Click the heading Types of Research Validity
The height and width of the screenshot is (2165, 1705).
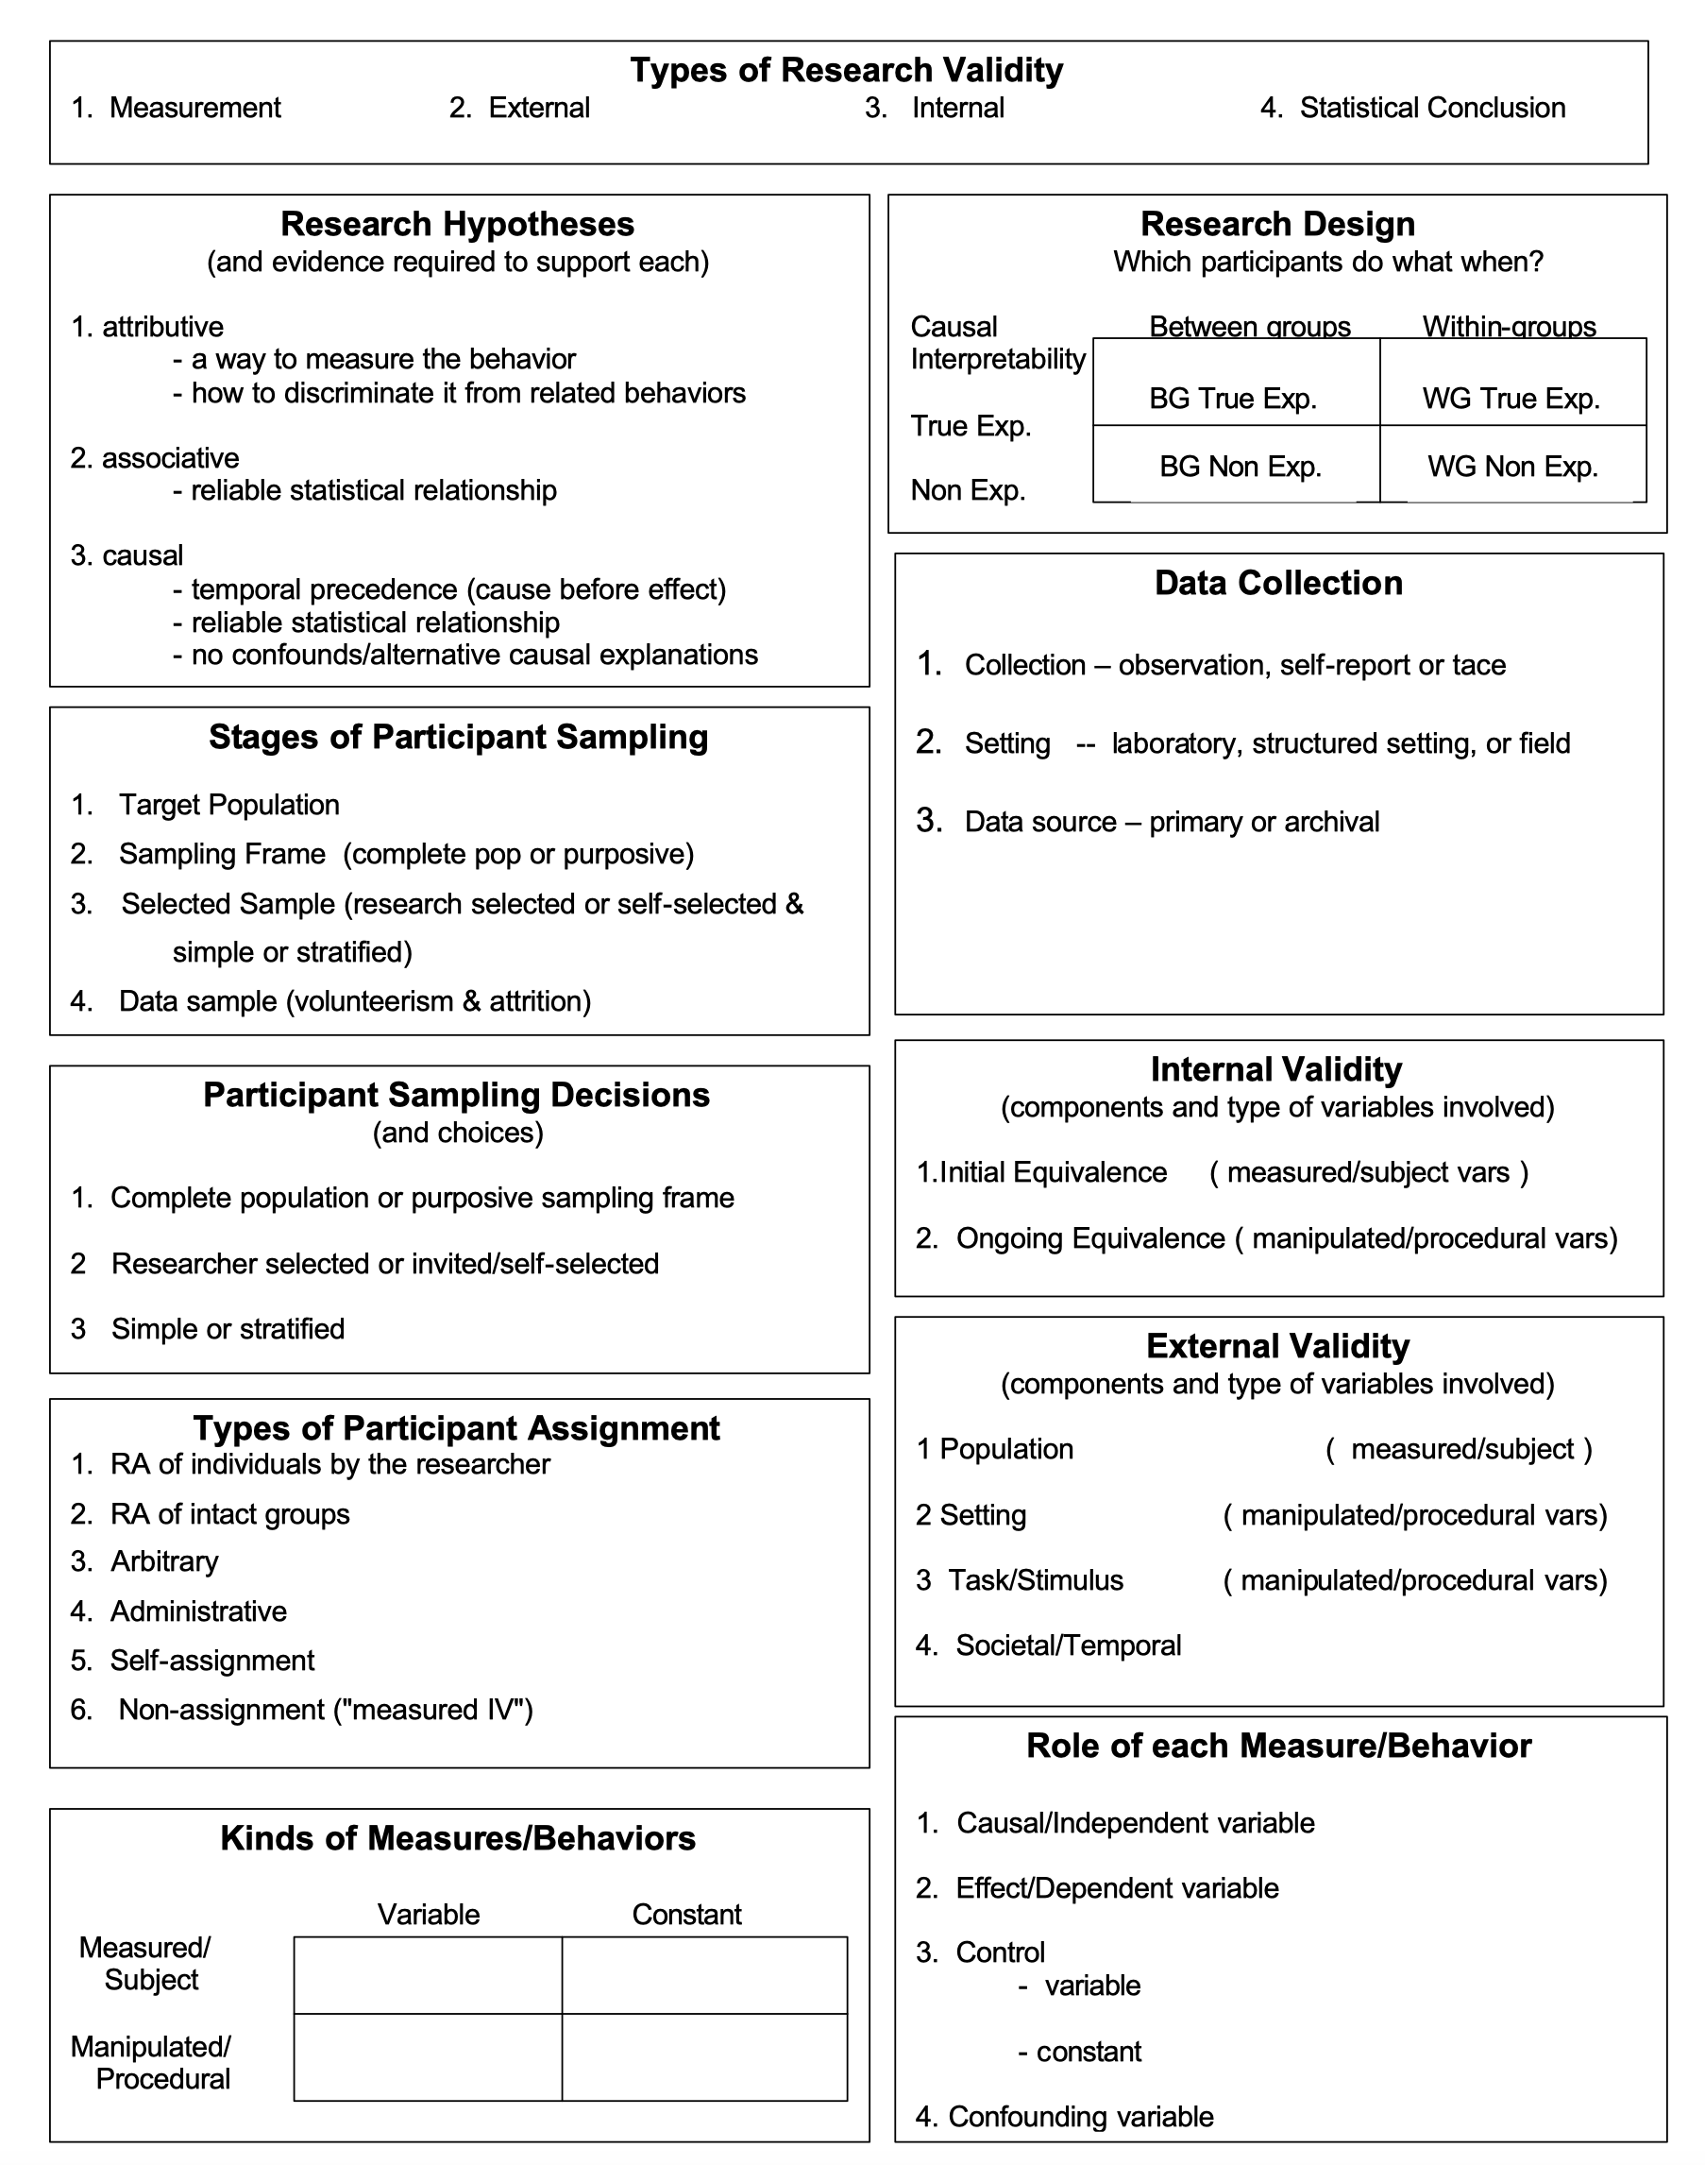[x=847, y=70]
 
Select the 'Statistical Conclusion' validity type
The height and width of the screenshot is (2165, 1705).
[x=1430, y=108]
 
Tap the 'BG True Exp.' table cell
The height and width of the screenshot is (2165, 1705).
[x=1233, y=399]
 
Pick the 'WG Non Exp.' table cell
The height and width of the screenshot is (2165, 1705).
[x=1512, y=467]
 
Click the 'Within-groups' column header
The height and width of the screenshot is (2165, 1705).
[x=1509, y=327]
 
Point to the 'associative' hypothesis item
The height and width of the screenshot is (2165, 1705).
[x=170, y=457]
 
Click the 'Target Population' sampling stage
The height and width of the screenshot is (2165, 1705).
[x=228, y=805]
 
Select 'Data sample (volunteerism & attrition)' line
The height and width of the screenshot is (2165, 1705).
[x=354, y=1000]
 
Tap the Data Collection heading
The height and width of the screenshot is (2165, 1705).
[x=1277, y=583]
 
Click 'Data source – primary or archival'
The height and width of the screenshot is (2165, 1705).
[x=1171, y=822]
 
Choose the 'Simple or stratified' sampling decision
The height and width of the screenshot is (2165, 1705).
[x=228, y=1328]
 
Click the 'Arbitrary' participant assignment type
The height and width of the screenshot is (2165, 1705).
[x=163, y=1560]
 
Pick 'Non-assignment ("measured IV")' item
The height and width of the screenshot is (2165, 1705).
[x=326, y=1710]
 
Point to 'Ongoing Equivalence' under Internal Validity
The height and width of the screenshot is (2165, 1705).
[x=1090, y=1238]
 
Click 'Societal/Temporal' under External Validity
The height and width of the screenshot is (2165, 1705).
[x=1068, y=1645]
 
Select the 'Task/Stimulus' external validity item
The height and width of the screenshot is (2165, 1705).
[x=1035, y=1579]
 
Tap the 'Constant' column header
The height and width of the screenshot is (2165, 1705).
[x=686, y=1915]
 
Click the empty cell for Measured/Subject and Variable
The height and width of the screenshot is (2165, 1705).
[x=428, y=1975]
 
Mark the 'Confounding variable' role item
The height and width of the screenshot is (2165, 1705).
[x=1080, y=2116]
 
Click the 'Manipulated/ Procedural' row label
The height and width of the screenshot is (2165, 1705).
[x=152, y=2062]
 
